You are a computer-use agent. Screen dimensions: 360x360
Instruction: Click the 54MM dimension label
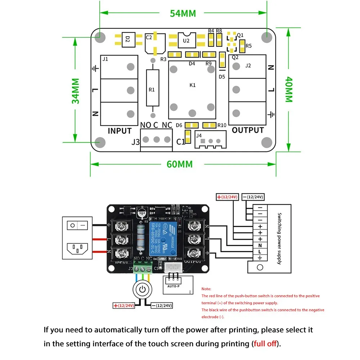click(x=183, y=13)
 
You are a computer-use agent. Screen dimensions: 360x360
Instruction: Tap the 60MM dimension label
click(x=180, y=164)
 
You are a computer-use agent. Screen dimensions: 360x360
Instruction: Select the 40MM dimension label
click(x=289, y=90)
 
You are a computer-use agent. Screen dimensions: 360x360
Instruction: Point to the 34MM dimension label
click(x=76, y=91)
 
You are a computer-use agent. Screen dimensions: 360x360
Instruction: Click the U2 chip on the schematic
click(x=186, y=40)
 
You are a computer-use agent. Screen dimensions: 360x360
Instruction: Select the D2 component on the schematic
click(x=127, y=40)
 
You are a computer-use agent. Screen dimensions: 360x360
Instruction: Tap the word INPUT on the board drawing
click(x=120, y=130)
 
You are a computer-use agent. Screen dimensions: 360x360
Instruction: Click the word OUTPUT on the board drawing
click(x=248, y=130)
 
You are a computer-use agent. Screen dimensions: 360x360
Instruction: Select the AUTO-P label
click(x=173, y=287)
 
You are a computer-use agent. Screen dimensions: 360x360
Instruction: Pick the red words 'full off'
click(x=266, y=343)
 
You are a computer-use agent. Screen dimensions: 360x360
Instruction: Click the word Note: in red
click(x=206, y=289)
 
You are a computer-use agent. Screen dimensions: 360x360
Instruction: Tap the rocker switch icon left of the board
click(x=77, y=225)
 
